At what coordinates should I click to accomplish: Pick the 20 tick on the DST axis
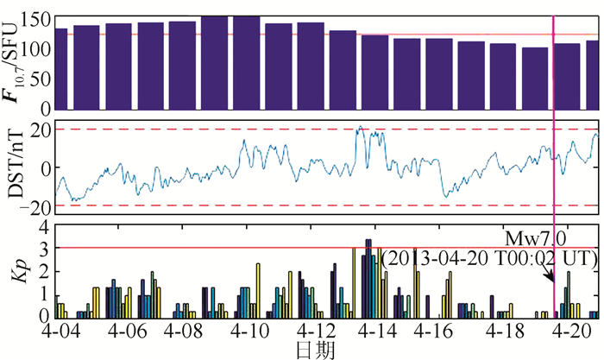pyautogui.click(x=38, y=129)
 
